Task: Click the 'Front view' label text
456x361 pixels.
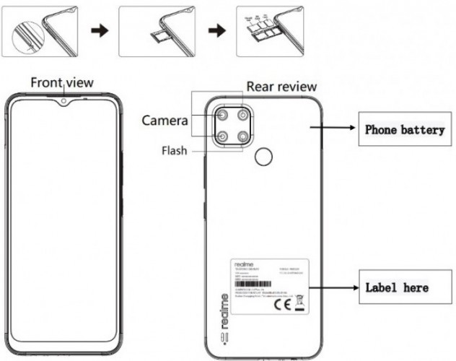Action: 61,82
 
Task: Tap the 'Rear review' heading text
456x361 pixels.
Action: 281,87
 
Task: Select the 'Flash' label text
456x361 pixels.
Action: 175,152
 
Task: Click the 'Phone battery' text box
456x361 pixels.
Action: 403,131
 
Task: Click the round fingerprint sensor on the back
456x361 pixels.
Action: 266,157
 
